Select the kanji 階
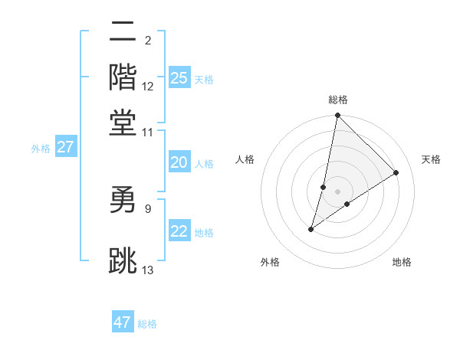tap(123, 77)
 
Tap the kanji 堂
tap(123, 123)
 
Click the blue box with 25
tap(179, 77)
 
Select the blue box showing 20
tap(179, 162)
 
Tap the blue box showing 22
tap(179, 231)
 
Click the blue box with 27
tap(65, 147)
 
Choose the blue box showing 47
tap(123, 322)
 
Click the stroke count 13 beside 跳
tap(148, 269)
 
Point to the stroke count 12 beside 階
tap(148, 87)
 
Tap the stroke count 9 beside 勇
tap(148, 208)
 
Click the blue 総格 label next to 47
tap(147, 324)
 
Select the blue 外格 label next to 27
tap(41, 149)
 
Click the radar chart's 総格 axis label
tap(337, 100)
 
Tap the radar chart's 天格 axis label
tap(431, 159)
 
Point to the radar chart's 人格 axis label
tap(245, 159)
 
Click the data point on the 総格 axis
tap(337, 116)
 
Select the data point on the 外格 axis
tap(311, 228)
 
